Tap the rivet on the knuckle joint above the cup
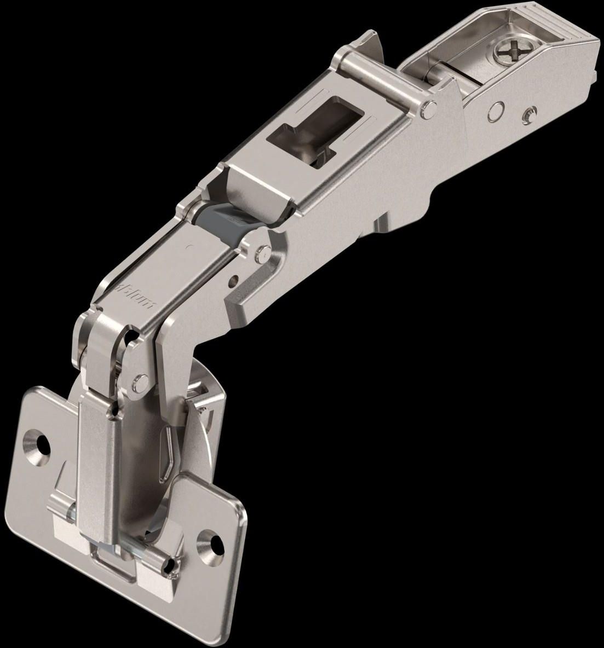141,379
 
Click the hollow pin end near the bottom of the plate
72,517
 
